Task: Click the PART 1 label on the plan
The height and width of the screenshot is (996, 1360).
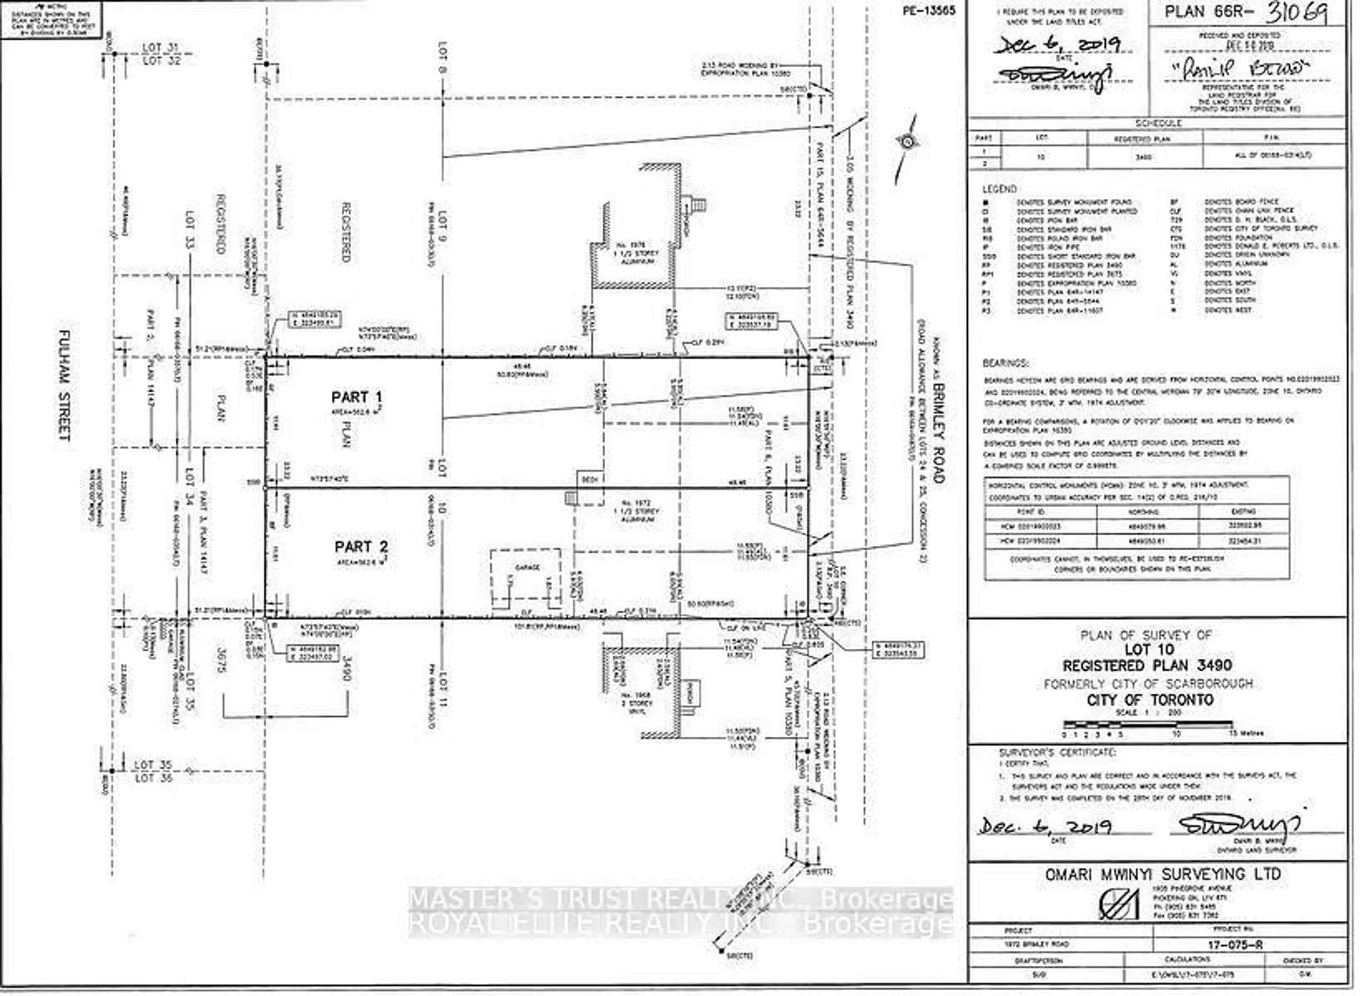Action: point(356,397)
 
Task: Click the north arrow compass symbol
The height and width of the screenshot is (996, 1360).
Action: point(906,142)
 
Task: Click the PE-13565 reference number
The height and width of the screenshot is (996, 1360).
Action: point(929,10)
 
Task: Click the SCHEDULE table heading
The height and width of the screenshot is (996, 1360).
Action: point(1158,123)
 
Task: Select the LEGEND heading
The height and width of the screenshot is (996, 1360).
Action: point(999,189)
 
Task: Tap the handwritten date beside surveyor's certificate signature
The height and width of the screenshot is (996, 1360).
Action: point(1045,826)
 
